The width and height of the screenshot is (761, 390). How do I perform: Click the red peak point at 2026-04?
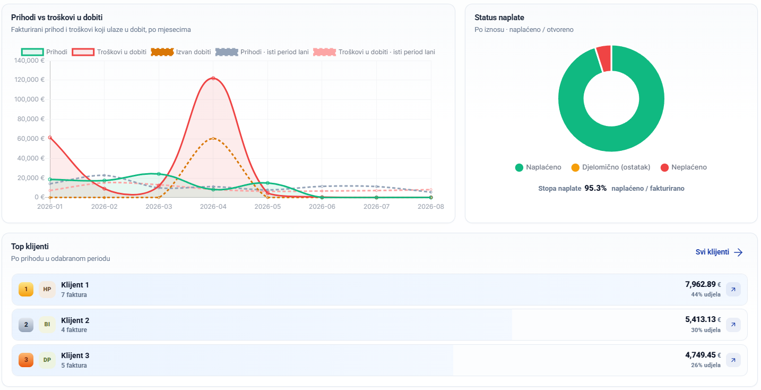coord(213,78)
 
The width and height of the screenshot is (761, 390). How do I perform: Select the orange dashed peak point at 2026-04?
coord(213,138)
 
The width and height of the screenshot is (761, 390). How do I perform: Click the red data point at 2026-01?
coord(50,138)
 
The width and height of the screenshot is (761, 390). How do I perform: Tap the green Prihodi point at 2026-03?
coord(159,174)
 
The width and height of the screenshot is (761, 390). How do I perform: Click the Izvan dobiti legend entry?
coord(181,52)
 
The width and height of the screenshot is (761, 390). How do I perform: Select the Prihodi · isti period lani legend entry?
coord(262,52)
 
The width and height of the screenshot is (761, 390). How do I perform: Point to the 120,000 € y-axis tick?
coord(29,80)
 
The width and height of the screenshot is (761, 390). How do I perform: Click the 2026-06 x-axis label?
coord(322,206)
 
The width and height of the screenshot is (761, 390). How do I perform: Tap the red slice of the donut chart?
coord(604,58)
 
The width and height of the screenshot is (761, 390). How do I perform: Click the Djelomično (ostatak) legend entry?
coord(610,167)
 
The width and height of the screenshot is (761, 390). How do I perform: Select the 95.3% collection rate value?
coord(595,189)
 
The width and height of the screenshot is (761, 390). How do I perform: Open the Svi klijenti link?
coord(719,252)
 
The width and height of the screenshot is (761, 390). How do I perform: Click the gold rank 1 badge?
coord(26,290)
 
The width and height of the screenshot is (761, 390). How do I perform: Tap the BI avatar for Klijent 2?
coord(47,324)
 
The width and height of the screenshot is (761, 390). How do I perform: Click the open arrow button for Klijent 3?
coord(733,360)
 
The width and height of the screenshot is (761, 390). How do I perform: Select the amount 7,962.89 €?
coord(703,284)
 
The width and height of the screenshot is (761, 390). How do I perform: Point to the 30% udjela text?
coord(705,330)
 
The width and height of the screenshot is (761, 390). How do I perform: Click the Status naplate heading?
coord(499,18)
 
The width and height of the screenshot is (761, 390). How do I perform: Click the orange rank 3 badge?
coord(26,360)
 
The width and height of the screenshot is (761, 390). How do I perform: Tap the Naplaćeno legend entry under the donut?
coord(538,167)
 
